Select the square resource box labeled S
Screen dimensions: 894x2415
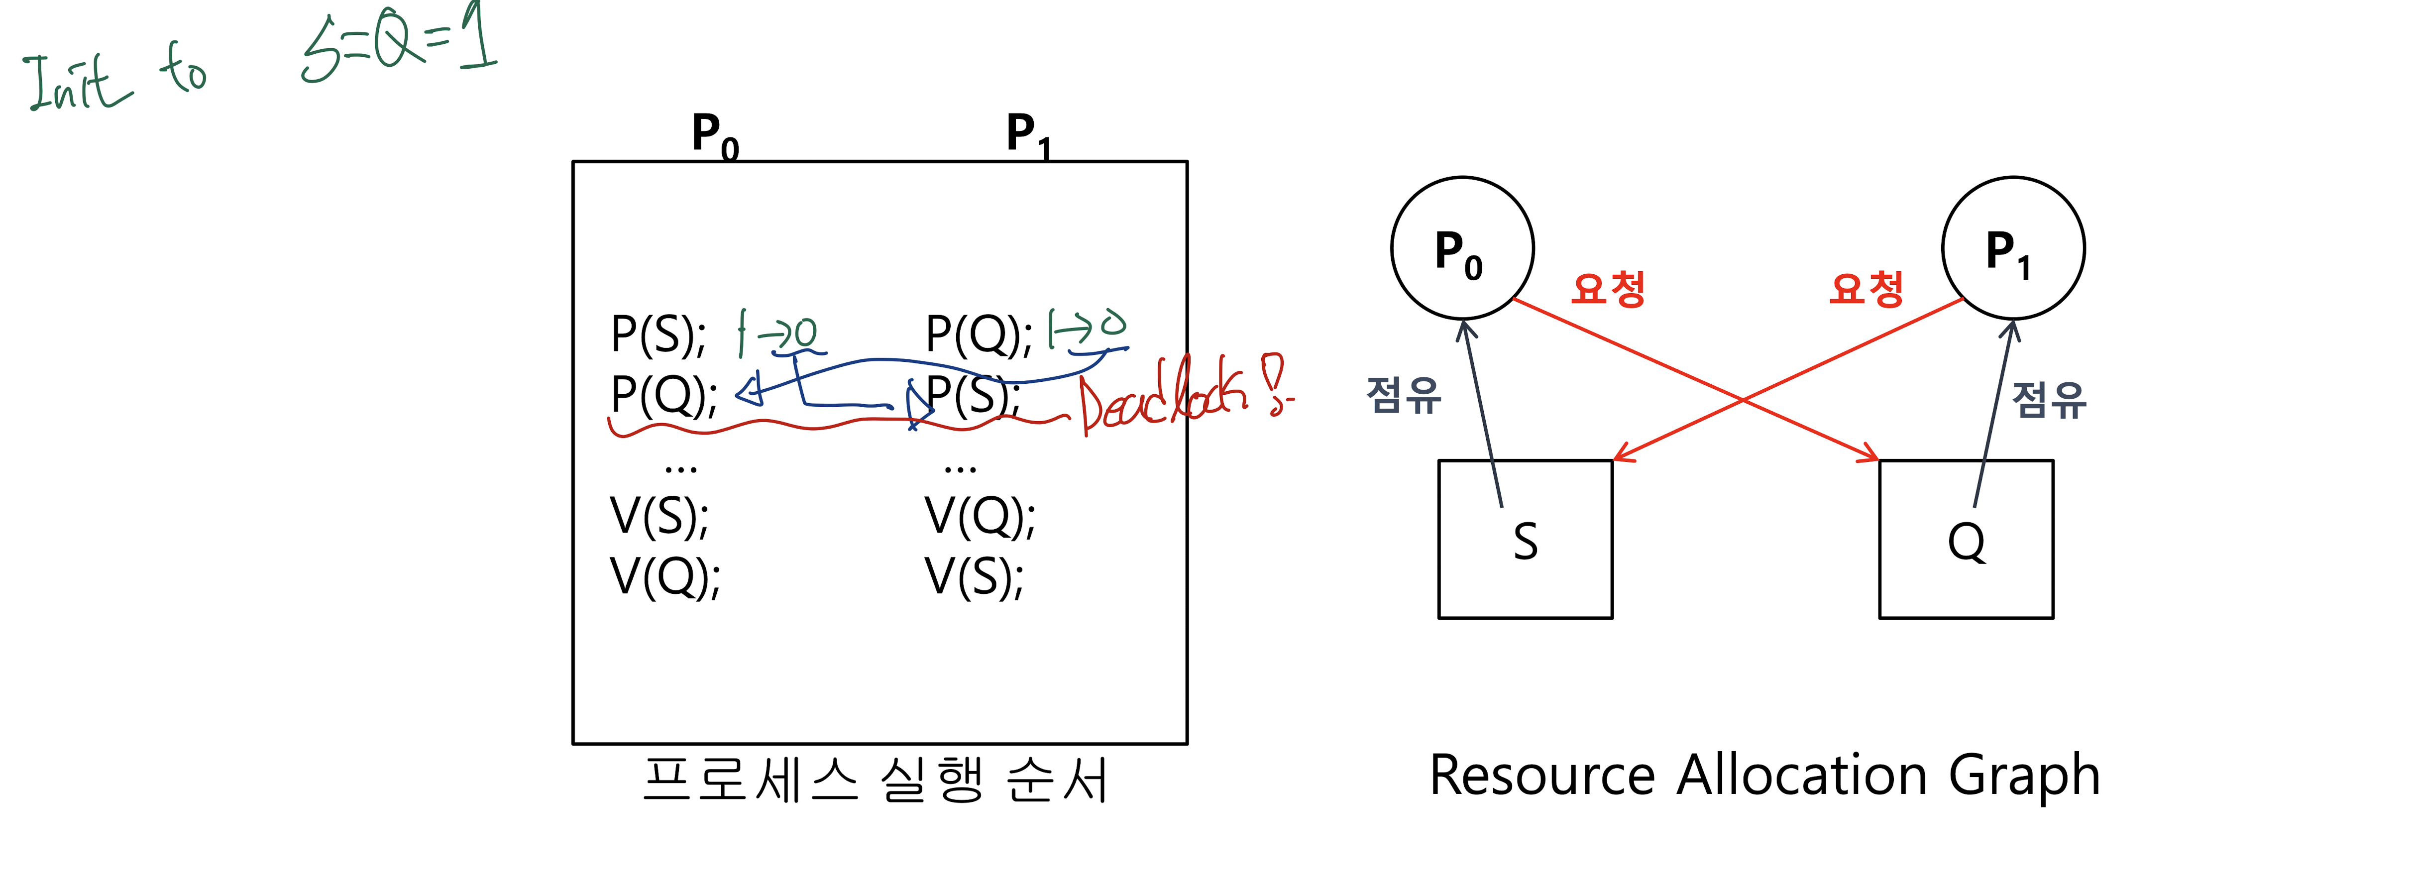click(x=1526, y=539)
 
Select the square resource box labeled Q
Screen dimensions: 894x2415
click(x=1966, y=539)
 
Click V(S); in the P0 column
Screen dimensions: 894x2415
click(x=659, y=515)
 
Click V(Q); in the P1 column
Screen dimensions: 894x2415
click(x=980, y=515)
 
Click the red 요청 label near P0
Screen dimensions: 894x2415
click(x=1608, y=289)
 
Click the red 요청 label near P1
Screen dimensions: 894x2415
click(x=1866, y=289)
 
